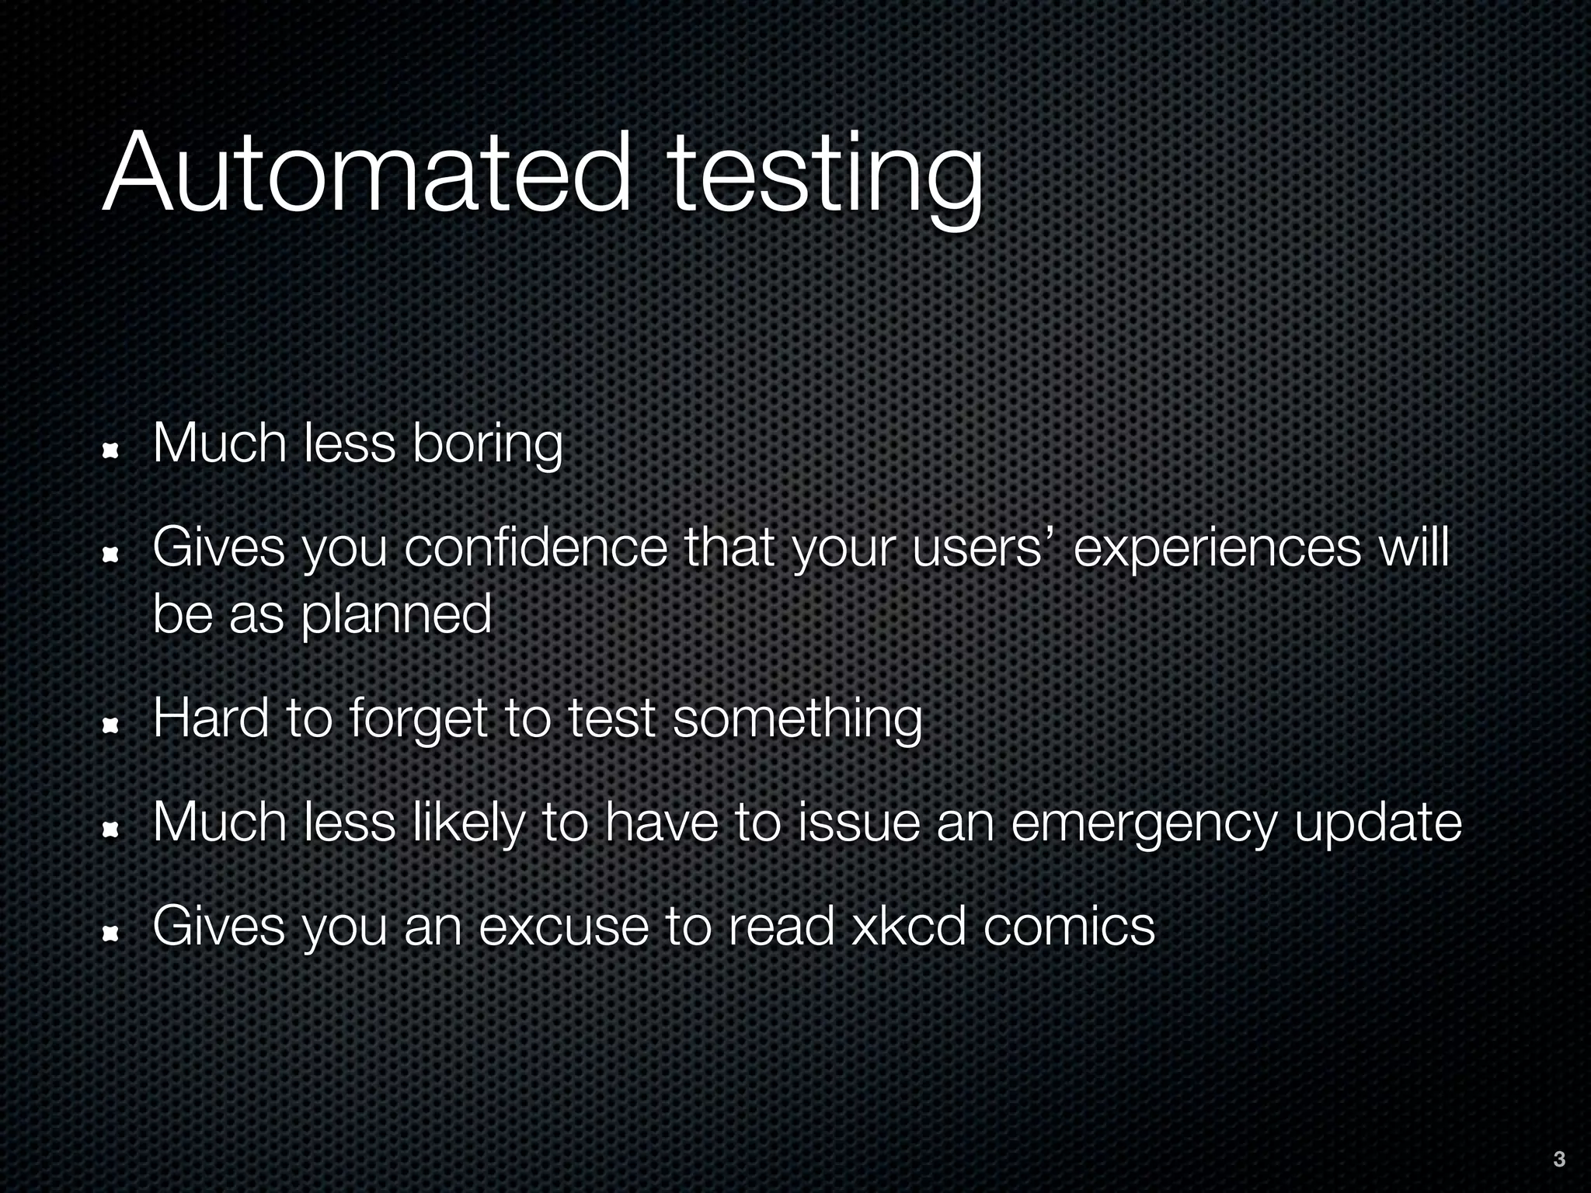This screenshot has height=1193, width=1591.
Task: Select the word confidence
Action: [535, 548]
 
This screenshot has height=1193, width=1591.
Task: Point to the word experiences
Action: [1217, 548]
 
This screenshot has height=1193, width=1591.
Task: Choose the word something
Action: [797, 719]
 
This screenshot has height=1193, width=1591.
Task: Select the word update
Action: [1377, 823]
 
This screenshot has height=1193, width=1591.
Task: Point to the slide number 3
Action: [1558, 1160]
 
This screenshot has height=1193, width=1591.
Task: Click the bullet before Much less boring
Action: [110, 450]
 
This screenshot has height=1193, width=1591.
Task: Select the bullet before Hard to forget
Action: [110, 725]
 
